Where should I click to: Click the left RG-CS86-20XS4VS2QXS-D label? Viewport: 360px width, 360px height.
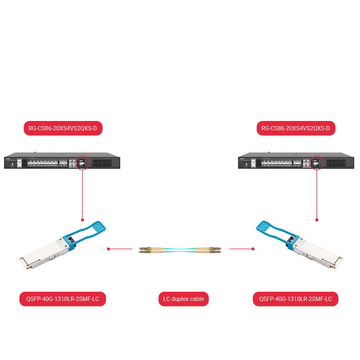(x=63, y=129)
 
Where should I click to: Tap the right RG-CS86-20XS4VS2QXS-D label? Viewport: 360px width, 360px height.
(x=296, y=129)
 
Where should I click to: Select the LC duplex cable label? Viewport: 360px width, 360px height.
(x=184, y=299)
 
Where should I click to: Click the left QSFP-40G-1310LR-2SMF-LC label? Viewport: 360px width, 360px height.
(x=63, y=299)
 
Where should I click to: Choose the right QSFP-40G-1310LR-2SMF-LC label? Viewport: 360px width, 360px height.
(x=296, y=299)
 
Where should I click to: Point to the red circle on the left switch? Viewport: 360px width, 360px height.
(x=82, y=163)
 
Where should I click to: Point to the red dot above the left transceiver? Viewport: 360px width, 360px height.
(x=82, y=220)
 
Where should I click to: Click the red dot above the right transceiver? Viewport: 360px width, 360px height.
(x=317, y=220)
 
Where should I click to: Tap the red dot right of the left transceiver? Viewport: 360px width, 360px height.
(x=108, y=249)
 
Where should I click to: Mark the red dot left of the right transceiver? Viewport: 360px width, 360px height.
(x=253, y=249)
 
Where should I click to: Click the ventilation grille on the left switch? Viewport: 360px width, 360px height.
(x=104, y=163)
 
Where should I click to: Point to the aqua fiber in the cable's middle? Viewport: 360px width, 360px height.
(x=180, y=249)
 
